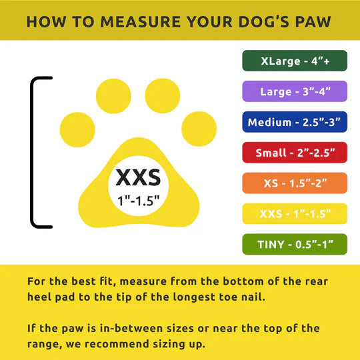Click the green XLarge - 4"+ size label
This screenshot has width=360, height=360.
tap(295, 61)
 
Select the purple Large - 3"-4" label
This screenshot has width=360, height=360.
tap(295, 91)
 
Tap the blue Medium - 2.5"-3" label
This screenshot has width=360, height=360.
tap(295, 122)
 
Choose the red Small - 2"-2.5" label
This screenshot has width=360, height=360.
tap(295, 153)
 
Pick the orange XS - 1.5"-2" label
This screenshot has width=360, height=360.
tap(295, 183)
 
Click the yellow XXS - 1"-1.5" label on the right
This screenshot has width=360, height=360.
tap(295, 214)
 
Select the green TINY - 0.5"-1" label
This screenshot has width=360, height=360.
tap(295, 245)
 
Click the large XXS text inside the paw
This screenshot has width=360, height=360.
tap(138, 177)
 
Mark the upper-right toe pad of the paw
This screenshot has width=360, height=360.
tap(163, 96)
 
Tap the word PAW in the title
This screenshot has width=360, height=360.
tap(314, 21)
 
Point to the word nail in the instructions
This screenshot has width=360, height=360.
tap(252, 297)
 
